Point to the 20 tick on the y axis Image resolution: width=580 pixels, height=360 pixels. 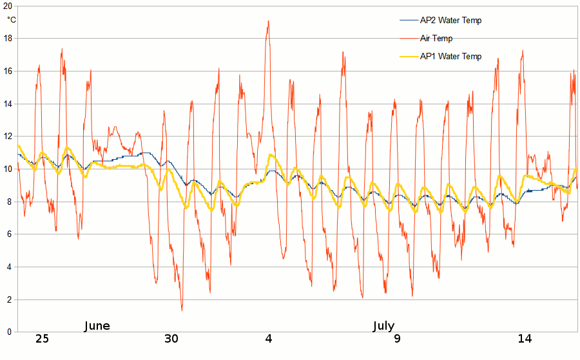coord(7,5)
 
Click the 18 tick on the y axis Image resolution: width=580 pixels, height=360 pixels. coord(7,38)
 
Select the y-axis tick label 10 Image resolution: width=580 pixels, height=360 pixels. coord(7,169)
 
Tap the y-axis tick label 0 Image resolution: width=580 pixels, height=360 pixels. coord(9,332)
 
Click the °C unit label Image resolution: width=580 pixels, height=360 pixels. coord(12,19)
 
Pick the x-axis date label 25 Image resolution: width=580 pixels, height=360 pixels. coord(42,339)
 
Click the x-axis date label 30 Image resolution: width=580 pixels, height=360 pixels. coord(171,339)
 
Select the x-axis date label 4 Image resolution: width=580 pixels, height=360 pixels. coord(269,339)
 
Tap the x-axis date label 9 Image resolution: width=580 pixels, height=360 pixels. coord(397,339)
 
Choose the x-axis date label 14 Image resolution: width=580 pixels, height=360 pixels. coord(525,339)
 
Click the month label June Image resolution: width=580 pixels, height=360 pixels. coord(97,326)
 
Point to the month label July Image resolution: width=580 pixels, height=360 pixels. coord(383,326)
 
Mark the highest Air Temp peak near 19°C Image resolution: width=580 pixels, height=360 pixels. coord(268,21)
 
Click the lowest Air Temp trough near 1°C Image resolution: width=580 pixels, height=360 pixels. coord(182,310)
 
